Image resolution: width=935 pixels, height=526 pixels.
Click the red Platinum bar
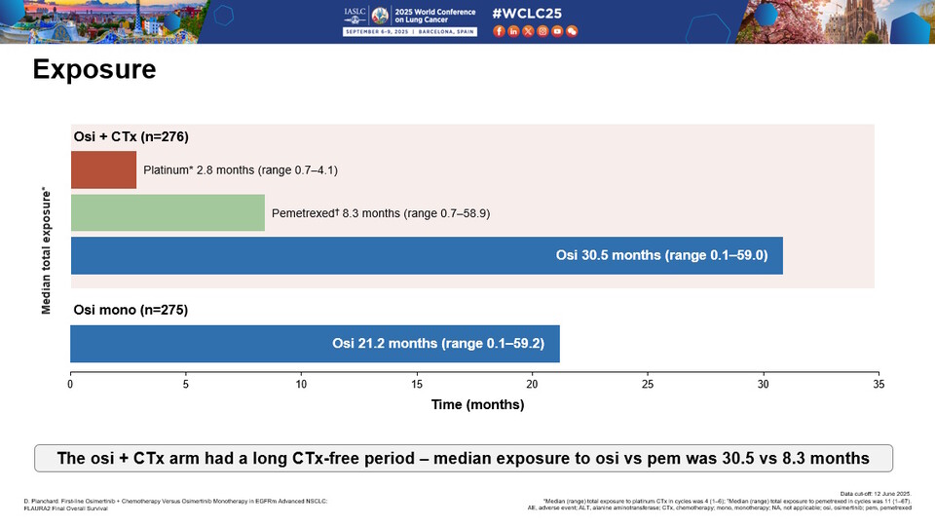click(x=103, y=169)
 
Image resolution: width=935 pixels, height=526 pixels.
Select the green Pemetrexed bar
click(x=168, y=212)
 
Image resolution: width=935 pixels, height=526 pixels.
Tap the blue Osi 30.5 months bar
click(x=427, y=256)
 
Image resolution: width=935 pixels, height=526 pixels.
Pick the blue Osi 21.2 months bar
click(x=315, y=343)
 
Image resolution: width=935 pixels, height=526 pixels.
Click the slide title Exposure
click(x=94, y=71)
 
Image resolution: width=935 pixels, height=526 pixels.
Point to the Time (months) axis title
click(x=474, y=404)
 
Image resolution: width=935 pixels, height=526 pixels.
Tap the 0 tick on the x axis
click(x=70, y=385)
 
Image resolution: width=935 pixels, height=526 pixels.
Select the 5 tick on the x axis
click(x=185, y=385)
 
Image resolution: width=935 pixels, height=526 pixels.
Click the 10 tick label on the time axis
click(x=301, y=385)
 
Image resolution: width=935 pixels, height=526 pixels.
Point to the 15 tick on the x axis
click(x=416, y=385)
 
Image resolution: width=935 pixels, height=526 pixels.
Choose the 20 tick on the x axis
click(x=532, y=385)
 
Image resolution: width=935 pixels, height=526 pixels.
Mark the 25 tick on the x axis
click(x=647, y=385)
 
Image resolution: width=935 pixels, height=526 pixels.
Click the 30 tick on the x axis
click(x=763, y=385)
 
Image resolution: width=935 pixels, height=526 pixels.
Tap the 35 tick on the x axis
click(x=878, y=385)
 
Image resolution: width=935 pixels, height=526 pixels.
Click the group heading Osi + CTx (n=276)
click(x=131, y=136)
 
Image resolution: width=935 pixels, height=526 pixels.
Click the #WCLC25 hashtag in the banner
click(x=527, y=14)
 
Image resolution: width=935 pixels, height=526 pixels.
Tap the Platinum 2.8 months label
click(x=240, y=169)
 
